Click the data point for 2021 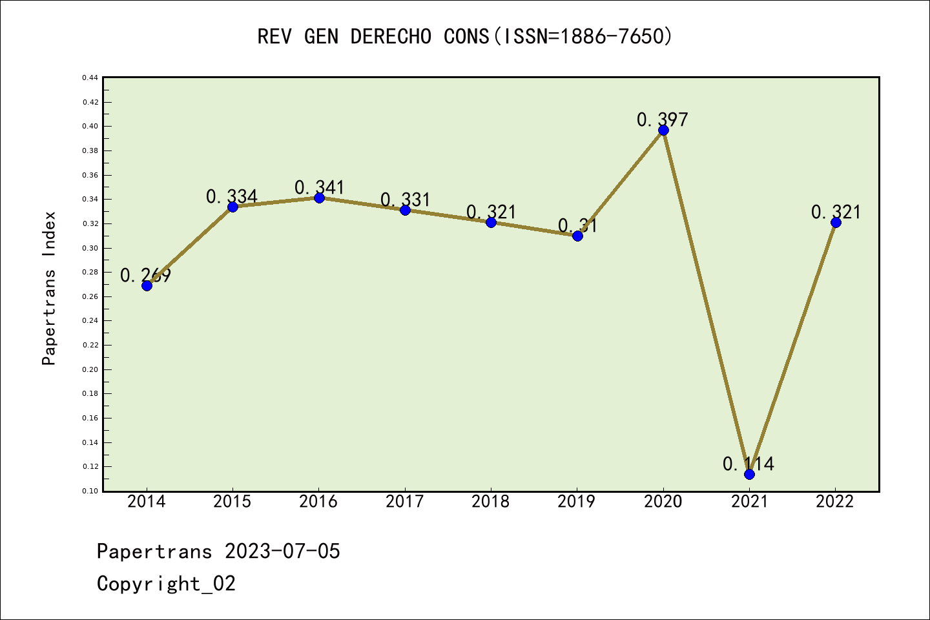tap(749, 474)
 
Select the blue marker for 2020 tap(663, 130)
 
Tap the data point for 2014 tap(147, 285)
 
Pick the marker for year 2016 tap(319, 198)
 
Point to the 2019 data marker tap(577, 236)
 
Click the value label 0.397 tap(663, 119)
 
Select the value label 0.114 tap(749, 464)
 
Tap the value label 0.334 tap(232, 196)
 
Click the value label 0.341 tap(320, 187)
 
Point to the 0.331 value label tap(406, 200)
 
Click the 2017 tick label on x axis tap(405, 502)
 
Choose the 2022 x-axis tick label tap(835, 502)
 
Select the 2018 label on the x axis tap(491, 502)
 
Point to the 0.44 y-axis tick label tap(90, 77)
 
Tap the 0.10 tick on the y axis tap(90, 491)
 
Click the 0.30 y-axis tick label tap(90, 248)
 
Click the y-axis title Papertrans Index tap(49, 288)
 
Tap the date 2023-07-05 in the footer tap(282, 551)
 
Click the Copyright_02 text tap(166, 583)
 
